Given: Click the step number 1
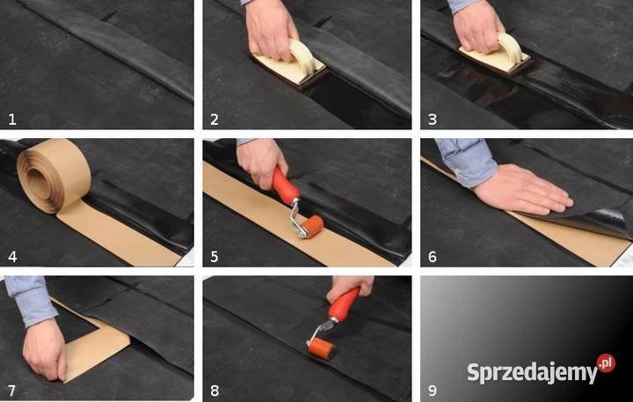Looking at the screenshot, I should click(11, 118).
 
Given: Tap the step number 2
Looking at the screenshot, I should click(214, 118).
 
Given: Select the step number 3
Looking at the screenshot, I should click(432, 118).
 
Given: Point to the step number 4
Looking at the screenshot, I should click(11, 255).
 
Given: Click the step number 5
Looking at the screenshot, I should click(214, 255).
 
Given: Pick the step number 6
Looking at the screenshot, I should click(432, 255).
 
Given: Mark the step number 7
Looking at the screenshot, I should click(11, 390).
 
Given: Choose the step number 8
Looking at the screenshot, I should click(214, 390).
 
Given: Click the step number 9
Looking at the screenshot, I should click(432, 390).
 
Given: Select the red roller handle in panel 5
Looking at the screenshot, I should click(286, 186).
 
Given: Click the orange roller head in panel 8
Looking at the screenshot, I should click(320, 348).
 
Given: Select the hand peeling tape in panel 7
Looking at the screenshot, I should click(44, 347).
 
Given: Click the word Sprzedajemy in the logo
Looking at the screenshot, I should click(531, 372).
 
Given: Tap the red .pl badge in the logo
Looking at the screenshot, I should click(606, 362).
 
